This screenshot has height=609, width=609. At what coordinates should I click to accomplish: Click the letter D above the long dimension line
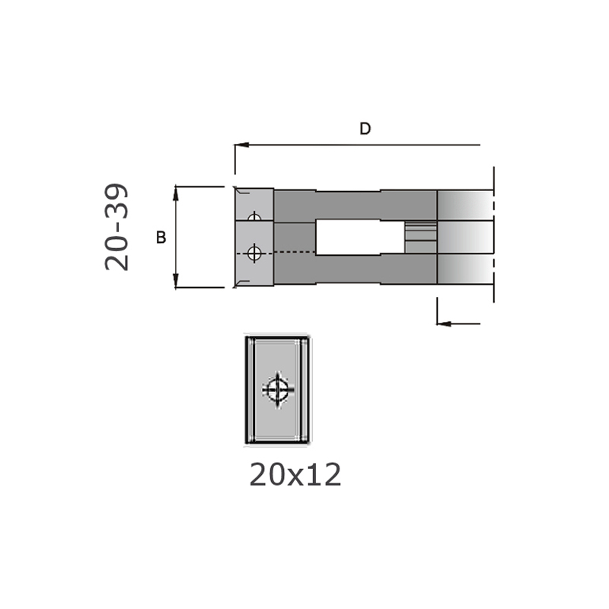(365, 129)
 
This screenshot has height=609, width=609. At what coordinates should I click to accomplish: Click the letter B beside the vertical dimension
(161, 238)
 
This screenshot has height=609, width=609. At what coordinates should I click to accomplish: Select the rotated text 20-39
(117, 228)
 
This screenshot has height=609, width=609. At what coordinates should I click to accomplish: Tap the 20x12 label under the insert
(295, 476)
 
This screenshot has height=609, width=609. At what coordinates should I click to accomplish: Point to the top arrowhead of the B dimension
(176, 190)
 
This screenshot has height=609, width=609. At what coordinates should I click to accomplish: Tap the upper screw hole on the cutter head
(254, 218)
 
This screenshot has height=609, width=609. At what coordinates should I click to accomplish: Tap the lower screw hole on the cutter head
(254, 253)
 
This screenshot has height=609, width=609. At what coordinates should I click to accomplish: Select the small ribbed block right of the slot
(420, 237)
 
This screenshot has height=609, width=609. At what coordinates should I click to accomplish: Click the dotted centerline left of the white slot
(293, 252)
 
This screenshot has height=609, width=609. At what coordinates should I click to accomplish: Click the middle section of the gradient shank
(464, 238)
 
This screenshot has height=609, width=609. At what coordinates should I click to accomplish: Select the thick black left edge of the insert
(247, 390)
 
